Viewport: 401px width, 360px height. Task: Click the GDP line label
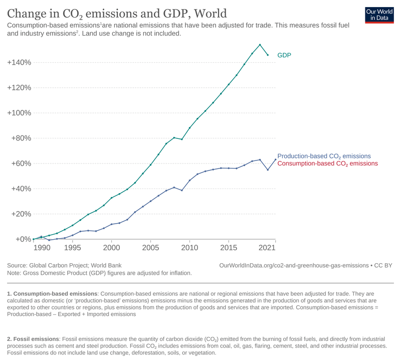[x=284, y=55]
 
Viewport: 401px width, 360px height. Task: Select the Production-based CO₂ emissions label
[x=324, y=156]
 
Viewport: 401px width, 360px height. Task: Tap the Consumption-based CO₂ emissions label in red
[x=327, y=163]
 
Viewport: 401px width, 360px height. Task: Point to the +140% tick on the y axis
[x=19, y=63]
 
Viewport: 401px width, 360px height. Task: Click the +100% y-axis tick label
[x=19, y=113]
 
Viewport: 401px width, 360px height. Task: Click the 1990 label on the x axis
[x=42, y=248]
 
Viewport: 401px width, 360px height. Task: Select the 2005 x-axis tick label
[x=150, y=248]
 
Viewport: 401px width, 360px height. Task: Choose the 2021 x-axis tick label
[x=268, y=248]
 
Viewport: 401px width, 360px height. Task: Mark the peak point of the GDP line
[x=260, y=45]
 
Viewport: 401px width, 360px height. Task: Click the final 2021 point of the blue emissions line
[x=275, y=159]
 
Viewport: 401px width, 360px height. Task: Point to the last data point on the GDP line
[x=268, y=55]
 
